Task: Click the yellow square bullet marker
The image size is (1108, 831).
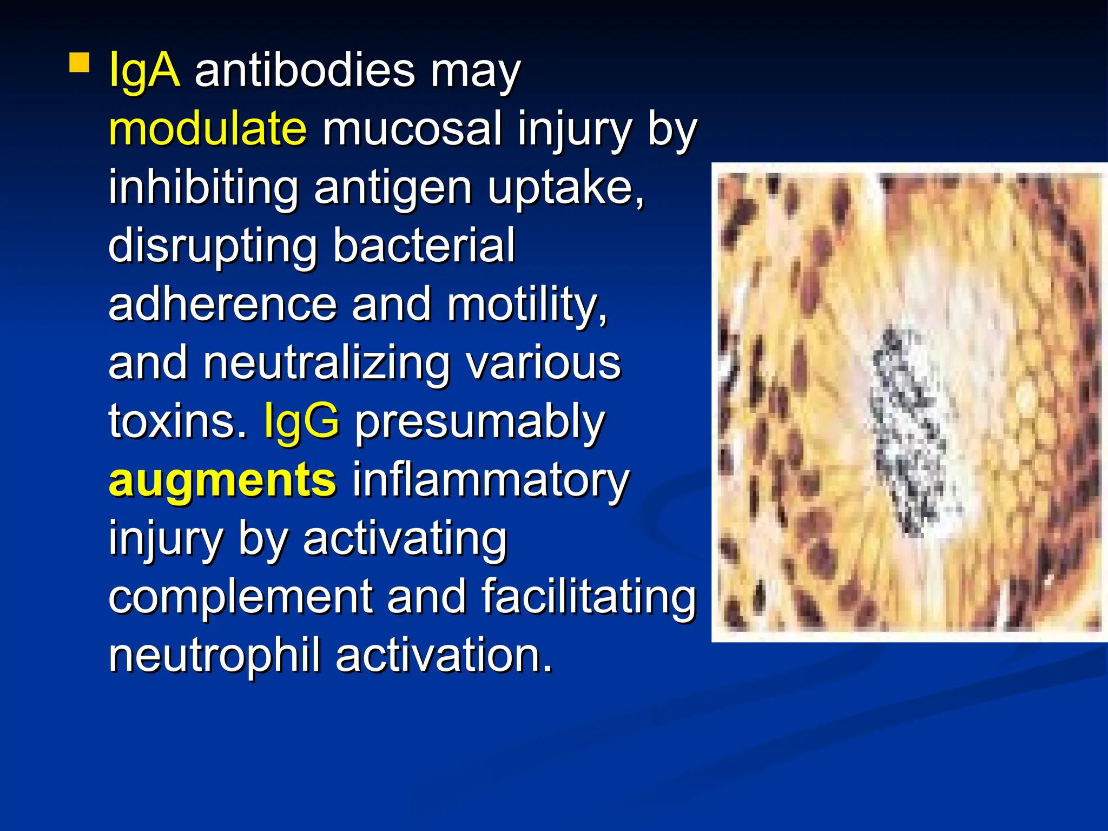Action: (x=79, y=62)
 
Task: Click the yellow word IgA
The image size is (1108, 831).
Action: (x=144, y=70)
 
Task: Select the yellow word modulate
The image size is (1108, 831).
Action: (x=208, y=129)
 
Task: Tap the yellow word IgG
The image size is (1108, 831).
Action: (x=302, y=421)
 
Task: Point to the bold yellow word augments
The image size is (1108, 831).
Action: (x=222, y=480)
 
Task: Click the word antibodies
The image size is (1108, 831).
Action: (x=305, y=70)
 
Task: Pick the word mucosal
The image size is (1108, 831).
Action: (x=412, y=129)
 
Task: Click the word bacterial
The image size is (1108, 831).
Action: (x=424, y=246)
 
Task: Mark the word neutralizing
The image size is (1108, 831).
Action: (x=326, y=363)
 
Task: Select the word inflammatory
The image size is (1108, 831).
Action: (x=491, y=480)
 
